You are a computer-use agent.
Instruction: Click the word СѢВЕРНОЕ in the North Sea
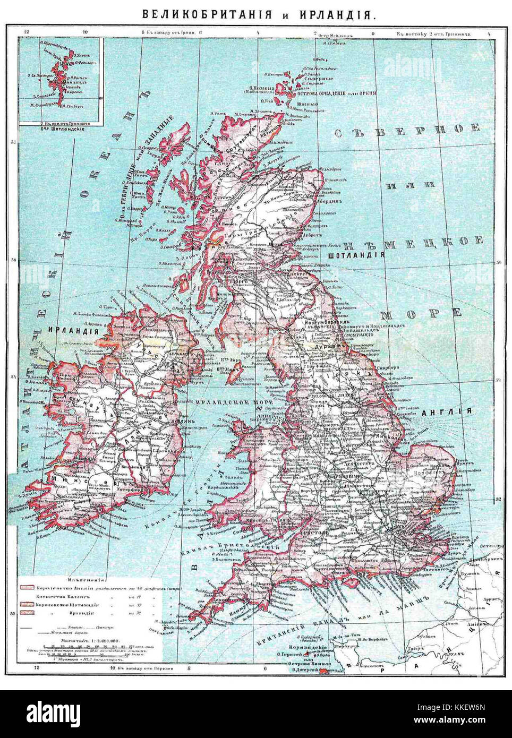click(407, 129)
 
